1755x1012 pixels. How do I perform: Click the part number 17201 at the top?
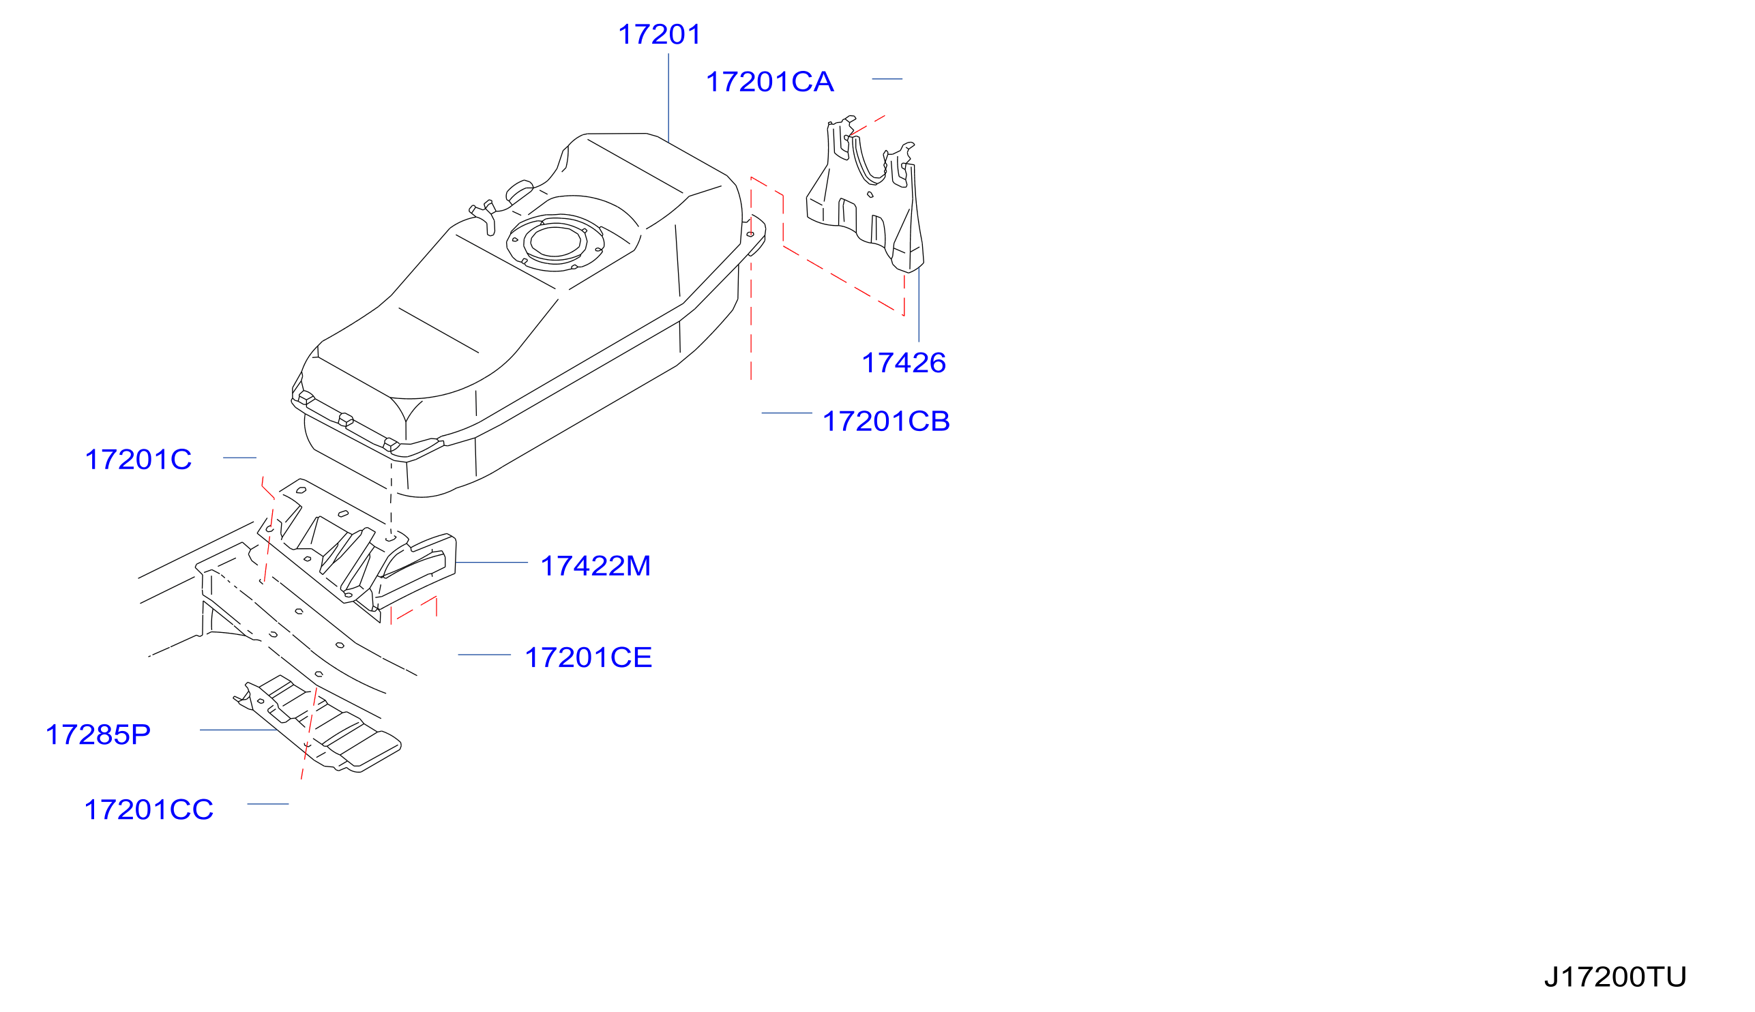[659, 35]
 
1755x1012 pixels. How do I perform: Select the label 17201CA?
[769, 82]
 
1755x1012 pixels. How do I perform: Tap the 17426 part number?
[903, 363]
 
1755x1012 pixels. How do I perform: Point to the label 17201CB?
[885, 421]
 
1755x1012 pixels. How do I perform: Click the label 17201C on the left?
[138, 460]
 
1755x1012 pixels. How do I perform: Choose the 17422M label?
[595, 566]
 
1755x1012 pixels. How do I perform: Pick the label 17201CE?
[588, 657]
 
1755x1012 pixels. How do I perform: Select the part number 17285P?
[98, 734]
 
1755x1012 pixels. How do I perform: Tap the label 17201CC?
[148, 809]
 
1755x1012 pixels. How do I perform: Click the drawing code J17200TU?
[1614, 977]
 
